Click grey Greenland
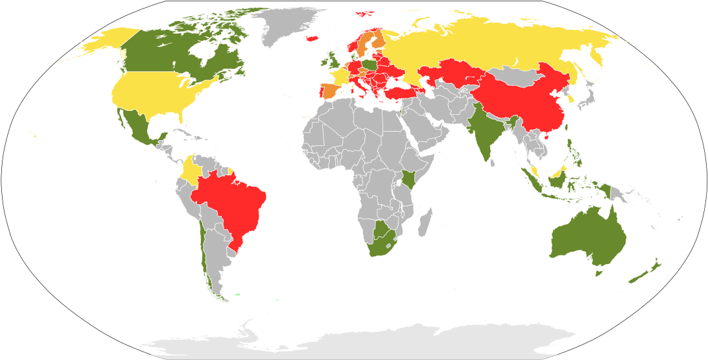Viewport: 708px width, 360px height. (x=285, y=26)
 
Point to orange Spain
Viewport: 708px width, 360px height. (x=330, y=91)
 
